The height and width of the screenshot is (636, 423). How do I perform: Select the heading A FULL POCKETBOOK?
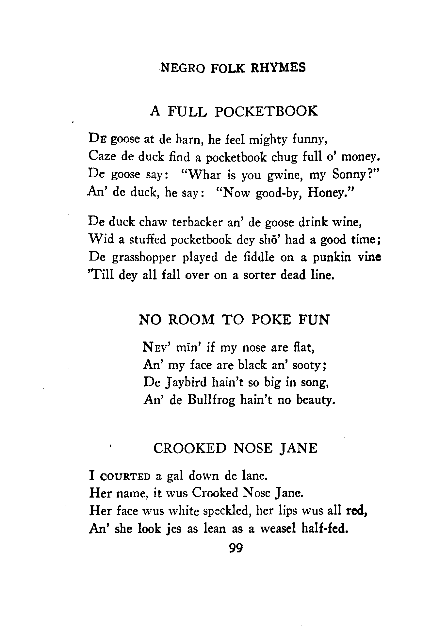pos(234,111)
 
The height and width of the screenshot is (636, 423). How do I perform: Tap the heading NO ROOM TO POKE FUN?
pos(234,319)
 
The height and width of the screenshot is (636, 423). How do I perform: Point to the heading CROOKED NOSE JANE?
pos(235,448)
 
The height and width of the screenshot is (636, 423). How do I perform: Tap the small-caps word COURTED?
pos(125,476)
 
